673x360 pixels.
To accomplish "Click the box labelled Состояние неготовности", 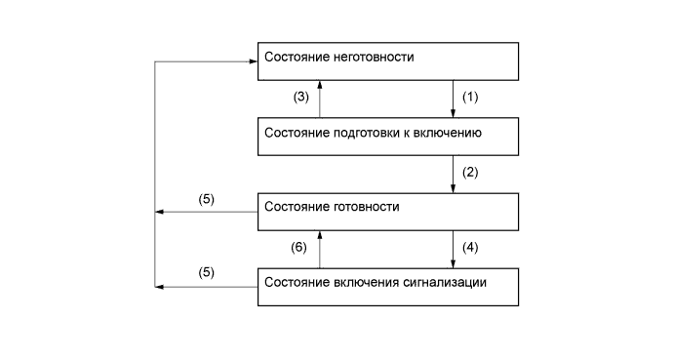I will pyautogui.click(x=387, y=60).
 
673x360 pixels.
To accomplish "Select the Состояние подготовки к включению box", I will pyautogui.click(x=387, y=136).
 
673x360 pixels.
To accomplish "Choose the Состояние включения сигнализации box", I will pyautogui.click(x=387, y=287).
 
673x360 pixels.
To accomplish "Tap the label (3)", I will pyautogui.click(x=302, y=98).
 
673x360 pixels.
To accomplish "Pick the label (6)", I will pyautogui.click(x=302, y=248).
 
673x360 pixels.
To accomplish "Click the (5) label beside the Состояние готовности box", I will pyautogui.click(x=207, y=199).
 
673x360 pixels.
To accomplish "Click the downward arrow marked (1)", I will pyautogui.click(x=455, y=98).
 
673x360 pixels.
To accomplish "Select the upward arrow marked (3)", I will pyautogui.click(x=320, y=98).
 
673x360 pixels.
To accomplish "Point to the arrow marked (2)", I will pyautogui.click(x=455, y=174).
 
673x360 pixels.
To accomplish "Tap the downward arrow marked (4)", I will pyautogui.click(x=455, y=248).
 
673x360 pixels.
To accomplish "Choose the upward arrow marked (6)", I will pyautogui.click(x=320, y=248).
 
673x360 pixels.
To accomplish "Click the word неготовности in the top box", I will pyautogui.click(x=375, y=57).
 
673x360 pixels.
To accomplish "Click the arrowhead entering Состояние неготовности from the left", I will pyautogui.click(x=252, y=61).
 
